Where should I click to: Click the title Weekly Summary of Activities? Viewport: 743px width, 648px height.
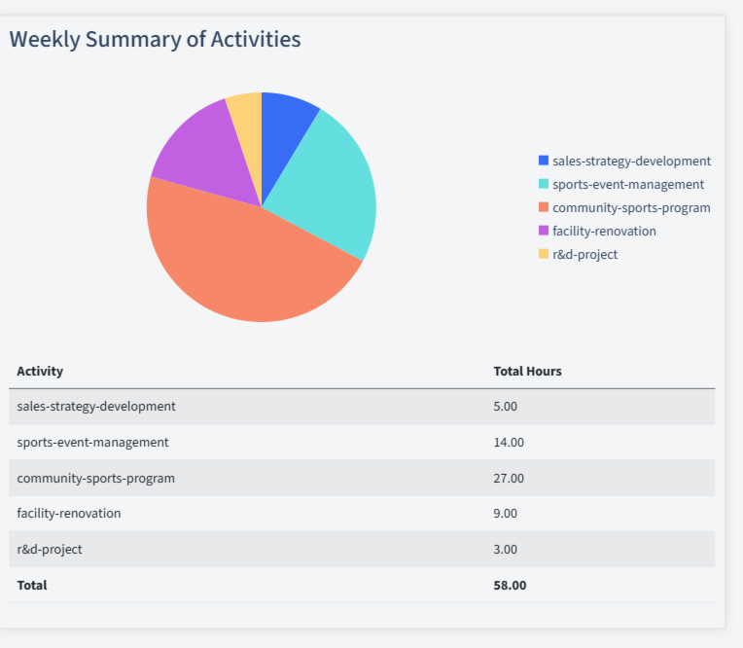155,39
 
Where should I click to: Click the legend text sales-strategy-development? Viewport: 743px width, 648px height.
631,161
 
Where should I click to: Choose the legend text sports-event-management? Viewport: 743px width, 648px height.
628,184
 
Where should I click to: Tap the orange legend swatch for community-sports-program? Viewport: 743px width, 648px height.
544,207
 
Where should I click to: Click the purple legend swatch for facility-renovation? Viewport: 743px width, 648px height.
544,231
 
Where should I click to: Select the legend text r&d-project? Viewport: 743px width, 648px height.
584,254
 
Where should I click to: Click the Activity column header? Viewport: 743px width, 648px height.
40,371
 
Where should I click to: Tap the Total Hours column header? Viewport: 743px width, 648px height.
527,371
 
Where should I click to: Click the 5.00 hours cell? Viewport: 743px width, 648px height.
506,406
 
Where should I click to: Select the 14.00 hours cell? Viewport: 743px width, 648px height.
509,442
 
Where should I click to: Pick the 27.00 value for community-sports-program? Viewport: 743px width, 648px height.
509,478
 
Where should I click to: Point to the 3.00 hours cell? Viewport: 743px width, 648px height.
506,549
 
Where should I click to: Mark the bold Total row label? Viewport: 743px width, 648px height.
32,585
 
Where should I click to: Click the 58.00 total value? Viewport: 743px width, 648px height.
510,585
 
